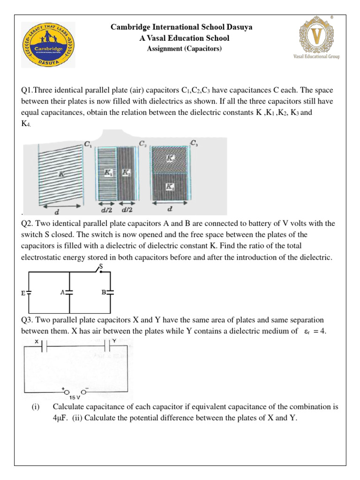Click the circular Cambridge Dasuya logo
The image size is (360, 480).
pyautogui.click(x=48, y=45)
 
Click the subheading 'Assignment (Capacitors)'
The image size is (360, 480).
pyautogui.click(x=184, y=48)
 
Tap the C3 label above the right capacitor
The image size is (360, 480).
pyautogui.click(x=194, y=142)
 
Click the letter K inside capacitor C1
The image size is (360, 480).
pyautogui.click(x=61, y=173)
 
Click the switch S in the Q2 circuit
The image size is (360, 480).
pyautogui.click(x=100, y=269)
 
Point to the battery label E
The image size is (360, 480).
pyautogui.click(x=23, y=293)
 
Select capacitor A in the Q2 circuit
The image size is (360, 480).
pyautogui.click(x=69, y=292)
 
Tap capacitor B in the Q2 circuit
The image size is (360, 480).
pyautogui.click(x=110, y=292)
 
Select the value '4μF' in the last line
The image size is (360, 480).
pyautogui.click(x=61, y=418)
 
